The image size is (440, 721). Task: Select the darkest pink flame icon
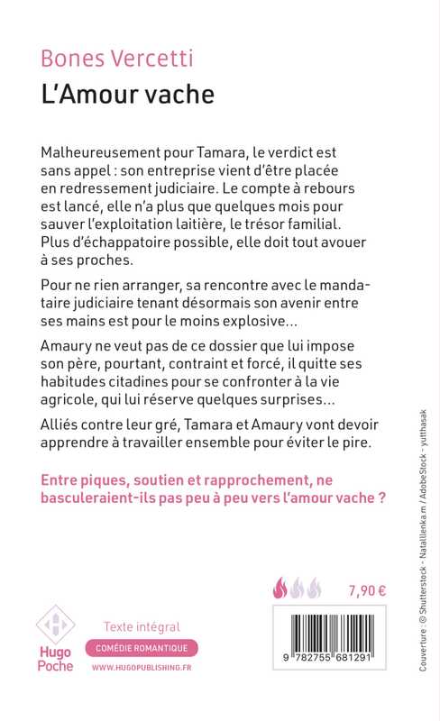click(x=280, y=590)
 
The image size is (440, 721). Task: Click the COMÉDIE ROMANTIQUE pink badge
click(x=142, y=648)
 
